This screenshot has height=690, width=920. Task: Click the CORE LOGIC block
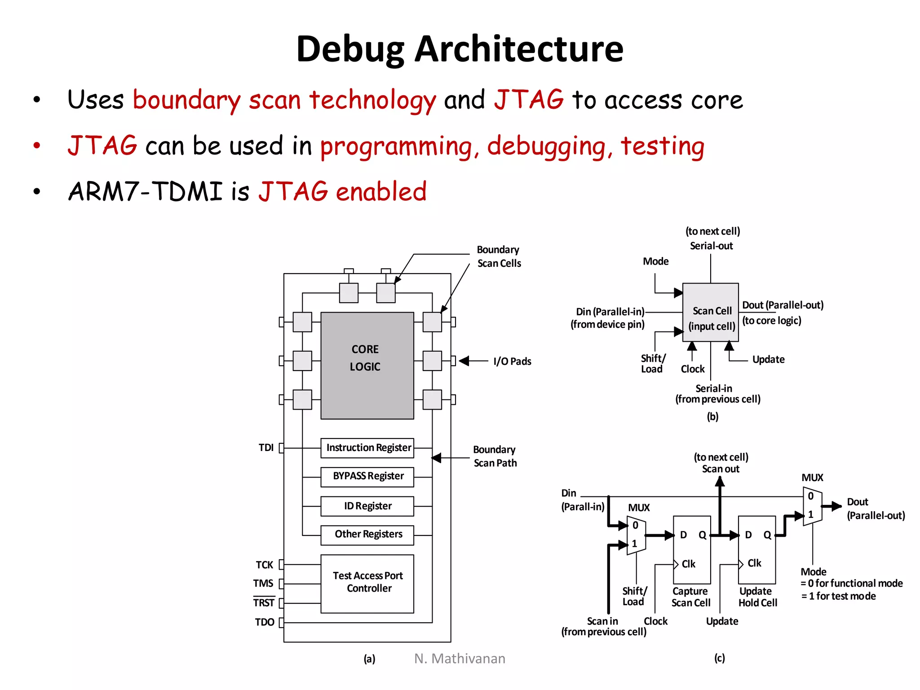[x=367, y=365]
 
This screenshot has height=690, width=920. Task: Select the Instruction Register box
[x=367, y=448]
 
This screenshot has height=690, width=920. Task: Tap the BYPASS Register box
[x=367, y=477]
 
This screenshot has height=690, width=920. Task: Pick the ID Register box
[x=367, y=506]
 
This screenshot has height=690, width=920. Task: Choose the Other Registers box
[x=367, y=535]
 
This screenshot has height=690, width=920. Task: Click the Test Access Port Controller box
[x=367, y=583]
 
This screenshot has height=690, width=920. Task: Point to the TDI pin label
[x=266, y=447]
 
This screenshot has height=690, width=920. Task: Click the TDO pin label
[x=264, y=622]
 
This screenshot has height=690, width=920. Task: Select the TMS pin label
[x=263, y=584]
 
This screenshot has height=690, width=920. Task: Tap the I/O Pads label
[x=512, y=361]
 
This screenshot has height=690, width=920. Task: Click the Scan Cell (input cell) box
[x=710, y=313]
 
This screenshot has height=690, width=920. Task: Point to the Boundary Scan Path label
[x=495, y=456]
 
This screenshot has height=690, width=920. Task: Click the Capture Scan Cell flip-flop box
[x=692, y=549]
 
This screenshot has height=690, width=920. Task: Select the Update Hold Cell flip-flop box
[x=757, y=549]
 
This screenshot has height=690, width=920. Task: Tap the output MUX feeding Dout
[x=813, y=506]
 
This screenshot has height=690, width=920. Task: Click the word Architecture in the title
[x=518, y=49]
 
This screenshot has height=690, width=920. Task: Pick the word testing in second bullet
[x=662, y=146]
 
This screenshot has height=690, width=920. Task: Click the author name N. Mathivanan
[x=460, y=659]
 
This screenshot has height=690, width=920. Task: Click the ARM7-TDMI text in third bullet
[x=145, y=191]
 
